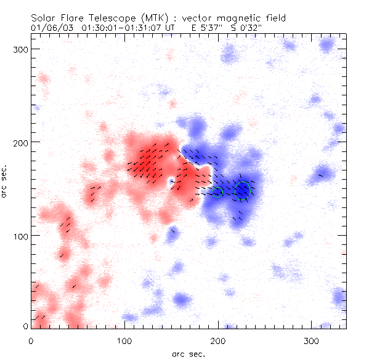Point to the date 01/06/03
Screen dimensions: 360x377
pos(50,28)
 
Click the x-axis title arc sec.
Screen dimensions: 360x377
pos(188,353)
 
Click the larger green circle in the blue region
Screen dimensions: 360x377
pos(243,190)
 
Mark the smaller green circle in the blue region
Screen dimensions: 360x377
pos(217,192)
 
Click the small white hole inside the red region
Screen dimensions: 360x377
pos(171,182)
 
